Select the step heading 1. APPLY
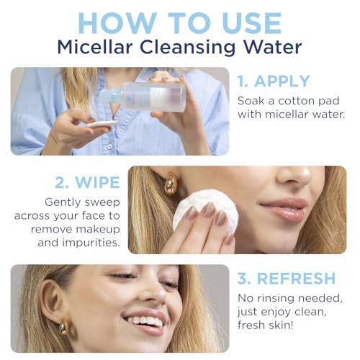[274, 81]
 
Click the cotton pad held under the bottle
[101, 125]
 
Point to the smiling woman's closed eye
[122, 276]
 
